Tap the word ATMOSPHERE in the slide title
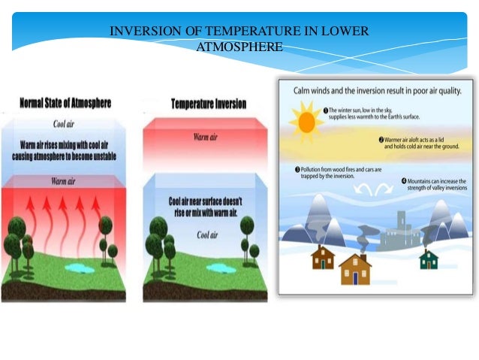(239, 47)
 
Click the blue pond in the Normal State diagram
(80, 268)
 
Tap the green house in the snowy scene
(428, 259)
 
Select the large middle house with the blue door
(355, 269)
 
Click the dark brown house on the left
(323, 258)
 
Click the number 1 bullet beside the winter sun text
(327, 110)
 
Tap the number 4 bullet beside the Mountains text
(404, 181)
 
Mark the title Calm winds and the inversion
(372, 92)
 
